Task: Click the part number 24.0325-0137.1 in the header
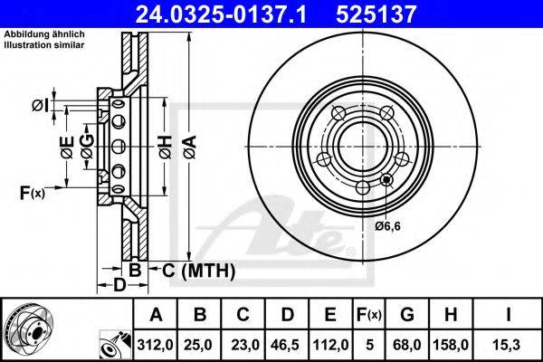[221, 14]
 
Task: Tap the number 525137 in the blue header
[376, 14]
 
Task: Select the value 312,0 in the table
[155, 345]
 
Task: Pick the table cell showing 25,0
[198, 345]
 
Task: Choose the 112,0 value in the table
[330, 345]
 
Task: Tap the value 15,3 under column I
[508, 345]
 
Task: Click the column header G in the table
[407, 315]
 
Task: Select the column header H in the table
[451, 315]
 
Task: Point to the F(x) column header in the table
[369, 315]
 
